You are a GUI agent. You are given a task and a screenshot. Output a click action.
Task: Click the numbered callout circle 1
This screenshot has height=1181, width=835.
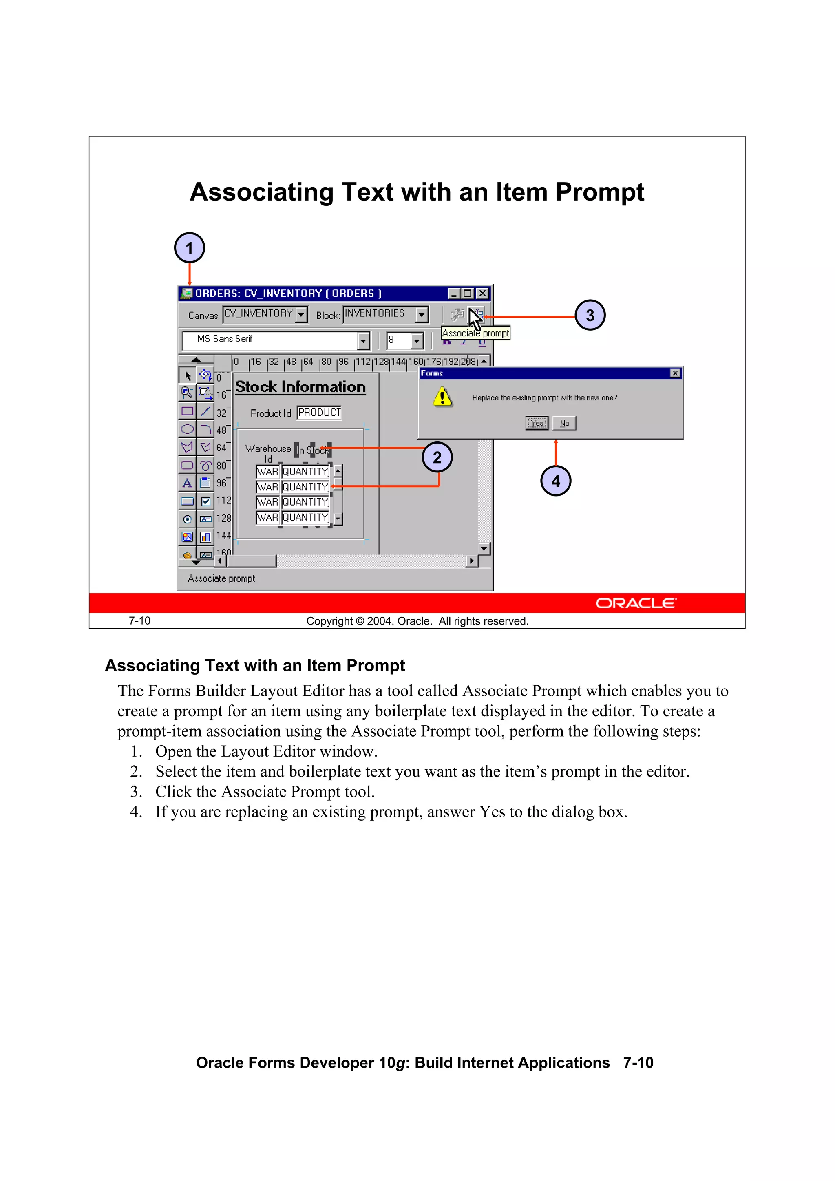(189, 248)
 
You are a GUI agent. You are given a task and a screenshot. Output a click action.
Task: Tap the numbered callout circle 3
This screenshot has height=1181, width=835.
(590, 315)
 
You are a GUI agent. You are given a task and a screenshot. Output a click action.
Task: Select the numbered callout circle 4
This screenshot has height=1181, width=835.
(556, 481)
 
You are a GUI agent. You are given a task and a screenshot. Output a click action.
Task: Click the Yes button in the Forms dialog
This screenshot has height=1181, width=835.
(536, 423)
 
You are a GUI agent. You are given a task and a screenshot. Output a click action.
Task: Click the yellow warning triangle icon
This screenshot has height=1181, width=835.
(442, 397)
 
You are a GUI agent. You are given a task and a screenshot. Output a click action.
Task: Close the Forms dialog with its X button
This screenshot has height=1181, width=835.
(675, 373)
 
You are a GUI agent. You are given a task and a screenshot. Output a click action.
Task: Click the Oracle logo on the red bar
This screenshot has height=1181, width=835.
(636, 603)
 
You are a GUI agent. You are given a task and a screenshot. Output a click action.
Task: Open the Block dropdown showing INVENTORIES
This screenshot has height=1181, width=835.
(422, 314)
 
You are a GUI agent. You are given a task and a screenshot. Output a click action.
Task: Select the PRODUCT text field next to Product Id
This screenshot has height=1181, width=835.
(319, 413)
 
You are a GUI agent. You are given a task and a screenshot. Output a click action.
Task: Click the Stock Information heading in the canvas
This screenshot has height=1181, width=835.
(300, 387)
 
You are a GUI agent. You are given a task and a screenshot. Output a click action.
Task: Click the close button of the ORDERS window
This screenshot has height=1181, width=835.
(482, 293)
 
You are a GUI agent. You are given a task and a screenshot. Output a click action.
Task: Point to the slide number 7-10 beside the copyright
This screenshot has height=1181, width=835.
(139, 621)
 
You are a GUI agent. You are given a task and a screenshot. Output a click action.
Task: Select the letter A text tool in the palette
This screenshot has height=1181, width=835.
(187, 483)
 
